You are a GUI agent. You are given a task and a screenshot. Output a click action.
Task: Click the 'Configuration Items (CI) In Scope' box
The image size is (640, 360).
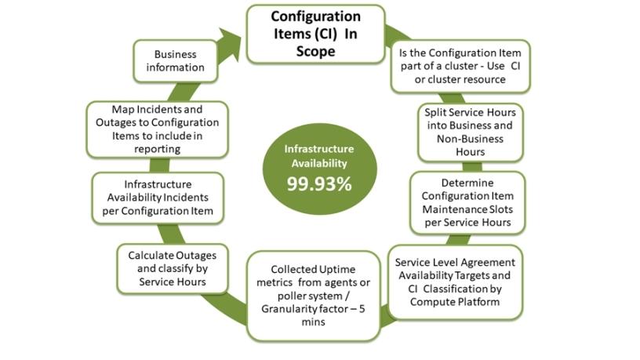(x=316, y=34)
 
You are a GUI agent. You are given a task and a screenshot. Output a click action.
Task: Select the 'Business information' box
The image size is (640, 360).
(x=175, y=61)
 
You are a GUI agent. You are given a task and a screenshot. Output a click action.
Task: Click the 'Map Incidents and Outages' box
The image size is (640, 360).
(x=157, y=129)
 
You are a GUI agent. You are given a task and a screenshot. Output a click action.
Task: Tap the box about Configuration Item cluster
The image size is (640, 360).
(x=460, y=67)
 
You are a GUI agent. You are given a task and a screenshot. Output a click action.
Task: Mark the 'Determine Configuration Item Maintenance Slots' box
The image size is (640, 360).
(x=467, y=202)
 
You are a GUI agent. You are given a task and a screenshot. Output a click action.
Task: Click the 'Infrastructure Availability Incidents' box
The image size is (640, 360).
(x=157, y=198)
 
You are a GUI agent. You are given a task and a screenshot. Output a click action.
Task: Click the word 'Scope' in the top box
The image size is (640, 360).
(x=316, y=52)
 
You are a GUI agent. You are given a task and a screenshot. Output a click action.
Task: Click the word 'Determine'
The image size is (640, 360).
(x=467, y=183)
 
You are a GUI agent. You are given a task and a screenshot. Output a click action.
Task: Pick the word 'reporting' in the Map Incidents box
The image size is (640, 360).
(x=157, y=148)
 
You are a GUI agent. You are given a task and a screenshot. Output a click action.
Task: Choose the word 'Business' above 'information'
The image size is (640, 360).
(x=175, y=54)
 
